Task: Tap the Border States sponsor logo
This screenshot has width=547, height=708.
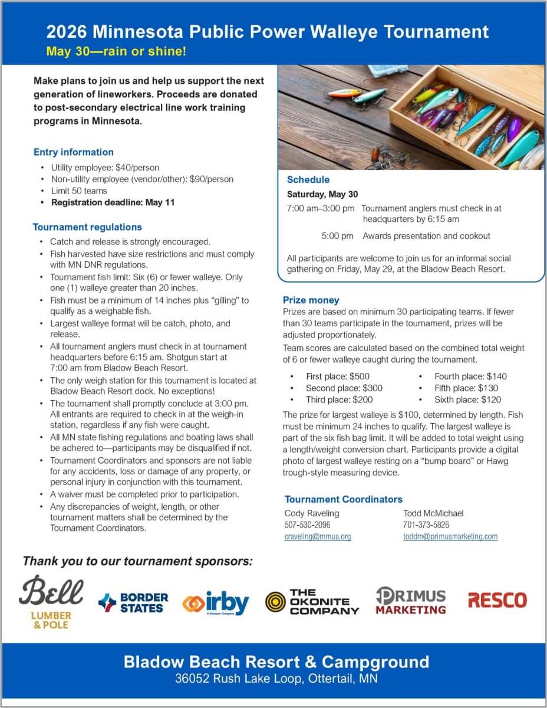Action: click(133, 602)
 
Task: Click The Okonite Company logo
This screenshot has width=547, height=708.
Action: click(312, 602)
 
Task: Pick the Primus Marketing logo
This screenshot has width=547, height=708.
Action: click(411, 601)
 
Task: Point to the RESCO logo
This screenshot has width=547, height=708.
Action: click(497, 601)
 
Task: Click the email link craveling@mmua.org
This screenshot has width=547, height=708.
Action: click(318, 536)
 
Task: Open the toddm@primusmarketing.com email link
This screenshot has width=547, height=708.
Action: click(450, 536)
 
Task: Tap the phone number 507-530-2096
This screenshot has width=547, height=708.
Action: click(307, 525)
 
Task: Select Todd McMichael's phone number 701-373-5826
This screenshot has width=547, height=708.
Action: click(426, 525)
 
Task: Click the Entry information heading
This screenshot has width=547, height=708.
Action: click(74, 152)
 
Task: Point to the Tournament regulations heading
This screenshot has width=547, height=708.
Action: click(87, 227)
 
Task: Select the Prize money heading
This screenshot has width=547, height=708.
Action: click(311, 300)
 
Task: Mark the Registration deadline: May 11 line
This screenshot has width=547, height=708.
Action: click(113, 202)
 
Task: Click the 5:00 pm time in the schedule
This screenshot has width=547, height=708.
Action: click(338, 236)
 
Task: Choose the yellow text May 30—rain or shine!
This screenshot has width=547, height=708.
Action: click(117, 51)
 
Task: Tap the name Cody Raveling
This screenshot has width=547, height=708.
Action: click(312, 513)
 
